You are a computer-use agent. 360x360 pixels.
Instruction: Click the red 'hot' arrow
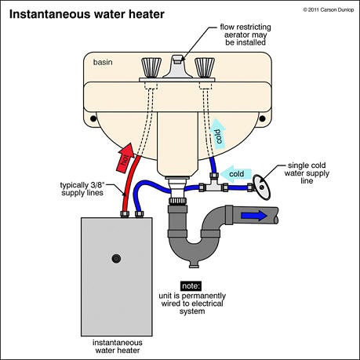click(x=125, y=158)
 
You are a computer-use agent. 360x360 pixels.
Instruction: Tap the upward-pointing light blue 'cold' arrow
click(x=218, y=134)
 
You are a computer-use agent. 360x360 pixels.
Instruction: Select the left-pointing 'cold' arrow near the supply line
click(x=236, y=174)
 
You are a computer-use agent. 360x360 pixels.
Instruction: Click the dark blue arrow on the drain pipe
click(x=254, y=216)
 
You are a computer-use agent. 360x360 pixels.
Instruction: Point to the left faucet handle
click(x=151, y=67)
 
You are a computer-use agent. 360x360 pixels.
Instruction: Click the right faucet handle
click(x=205, y=67)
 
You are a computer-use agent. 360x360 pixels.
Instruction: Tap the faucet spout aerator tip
click(x=178, y=60)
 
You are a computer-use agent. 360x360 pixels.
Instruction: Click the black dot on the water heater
click(x=116, y=259)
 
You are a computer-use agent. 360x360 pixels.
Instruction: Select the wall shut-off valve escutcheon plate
click(x=261, y=187)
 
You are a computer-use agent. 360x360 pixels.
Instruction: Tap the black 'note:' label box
click(x=191, y=286)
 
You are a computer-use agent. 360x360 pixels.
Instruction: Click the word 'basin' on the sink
click(x=103, y=62)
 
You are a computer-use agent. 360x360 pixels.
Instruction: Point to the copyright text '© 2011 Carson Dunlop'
click(x=329, y=10)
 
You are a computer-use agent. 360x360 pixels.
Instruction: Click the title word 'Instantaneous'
click(x=50, y=14)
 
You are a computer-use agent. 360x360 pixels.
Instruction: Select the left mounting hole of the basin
click(x=93, y=118)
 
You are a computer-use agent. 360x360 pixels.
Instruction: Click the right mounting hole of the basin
click(x=262, y=118)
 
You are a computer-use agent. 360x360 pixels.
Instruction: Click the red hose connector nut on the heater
click(x=125, y=214)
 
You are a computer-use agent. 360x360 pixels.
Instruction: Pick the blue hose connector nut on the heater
click(x=140, y=214)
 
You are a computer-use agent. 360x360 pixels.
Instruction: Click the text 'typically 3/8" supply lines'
click(x=82, y=189)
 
